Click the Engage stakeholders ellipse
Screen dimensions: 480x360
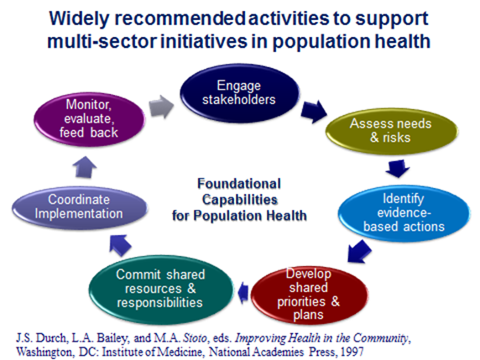coord(239,93)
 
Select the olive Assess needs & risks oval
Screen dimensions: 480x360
coord(392,131)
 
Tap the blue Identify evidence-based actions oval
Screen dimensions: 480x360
coord(404,213)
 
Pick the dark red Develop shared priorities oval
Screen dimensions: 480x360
coord(309,295)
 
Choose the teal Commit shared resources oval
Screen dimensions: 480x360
coord(161,290)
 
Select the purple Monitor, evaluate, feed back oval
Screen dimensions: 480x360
coord(89,119)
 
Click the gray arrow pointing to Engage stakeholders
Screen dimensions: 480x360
coord(161,107)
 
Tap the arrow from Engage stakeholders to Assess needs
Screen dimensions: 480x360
coord(314,112)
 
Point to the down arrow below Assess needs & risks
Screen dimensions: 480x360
coord(398,169)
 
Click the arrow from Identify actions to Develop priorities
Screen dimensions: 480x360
coord(359,251)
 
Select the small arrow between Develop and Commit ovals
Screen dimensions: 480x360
coord(243,293)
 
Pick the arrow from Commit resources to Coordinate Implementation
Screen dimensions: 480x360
coord(120,245)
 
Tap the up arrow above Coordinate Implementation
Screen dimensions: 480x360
coord(85,167)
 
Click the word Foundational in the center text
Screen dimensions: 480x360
coord(239,184)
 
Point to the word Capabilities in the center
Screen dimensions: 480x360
coord(240,200)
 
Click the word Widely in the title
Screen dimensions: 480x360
coord(79,18)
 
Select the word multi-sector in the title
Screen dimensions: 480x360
coord(102,41)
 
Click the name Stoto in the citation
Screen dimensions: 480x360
coord(195,338)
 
